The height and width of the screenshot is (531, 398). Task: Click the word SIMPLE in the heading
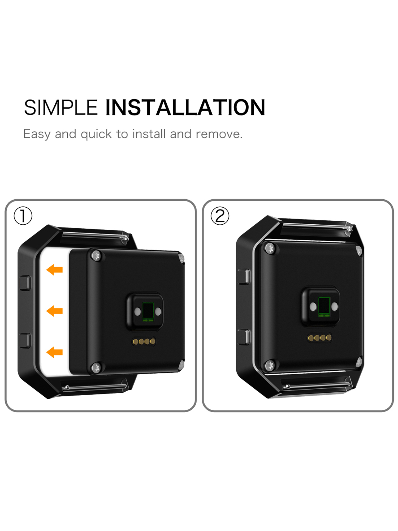[x=61, y=108]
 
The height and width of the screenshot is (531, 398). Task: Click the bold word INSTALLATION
[x=185, y=108]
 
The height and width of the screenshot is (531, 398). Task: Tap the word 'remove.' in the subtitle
[x=219, y=134]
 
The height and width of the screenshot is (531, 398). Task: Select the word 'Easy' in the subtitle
[x=37, y=134]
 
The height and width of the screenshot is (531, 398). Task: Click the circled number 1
[x=23, y=216]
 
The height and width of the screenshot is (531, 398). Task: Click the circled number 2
[x=220, y=216]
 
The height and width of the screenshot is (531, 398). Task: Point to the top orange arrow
[x=54, y=269]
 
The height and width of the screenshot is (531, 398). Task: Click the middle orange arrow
[x=54, y=311]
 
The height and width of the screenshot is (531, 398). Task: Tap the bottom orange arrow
[x=54, y=352]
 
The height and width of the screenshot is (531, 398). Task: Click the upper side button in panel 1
[x=25, y=283]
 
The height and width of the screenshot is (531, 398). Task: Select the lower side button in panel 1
[x=25, y=341]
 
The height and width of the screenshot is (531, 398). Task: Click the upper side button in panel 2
[x=244, y=277]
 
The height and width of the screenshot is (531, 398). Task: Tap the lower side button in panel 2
[x=244, y=337]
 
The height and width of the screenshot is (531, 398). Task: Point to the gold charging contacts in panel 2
[x=319, y=338]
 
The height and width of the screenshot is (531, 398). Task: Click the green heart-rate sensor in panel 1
[x=148, y=311]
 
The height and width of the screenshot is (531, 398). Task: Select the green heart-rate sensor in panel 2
[x=324, y=307]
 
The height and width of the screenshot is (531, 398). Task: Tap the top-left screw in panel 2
[x=270, y=249]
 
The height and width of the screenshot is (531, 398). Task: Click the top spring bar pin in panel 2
[x=317, y=226]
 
